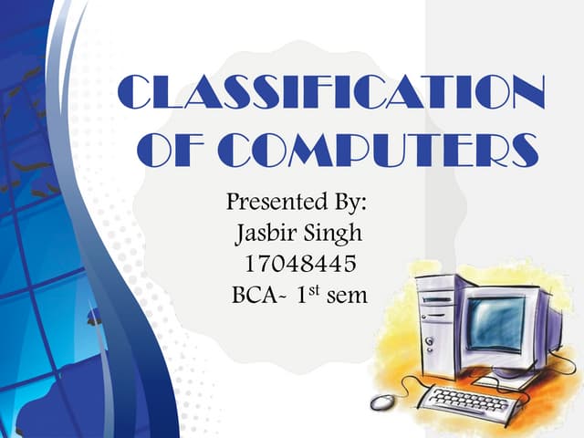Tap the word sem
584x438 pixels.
click(x=348, y=298)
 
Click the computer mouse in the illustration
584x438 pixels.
click(x=384, y=403)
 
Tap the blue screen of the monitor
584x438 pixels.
click(x=497, y=322)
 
